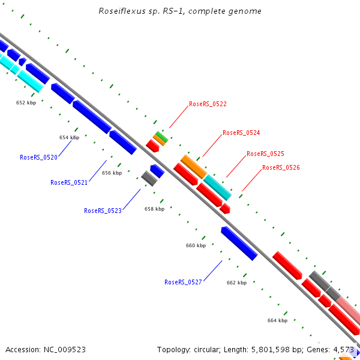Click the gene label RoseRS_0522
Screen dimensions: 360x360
208,104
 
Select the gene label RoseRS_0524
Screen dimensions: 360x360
241,133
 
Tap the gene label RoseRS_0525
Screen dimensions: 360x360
265,154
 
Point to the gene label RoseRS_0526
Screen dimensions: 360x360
281,167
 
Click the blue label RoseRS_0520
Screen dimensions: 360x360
38,157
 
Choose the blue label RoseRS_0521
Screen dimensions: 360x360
69,182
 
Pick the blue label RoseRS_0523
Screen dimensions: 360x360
103,211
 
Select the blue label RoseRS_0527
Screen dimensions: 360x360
183,282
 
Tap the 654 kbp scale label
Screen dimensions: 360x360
69,137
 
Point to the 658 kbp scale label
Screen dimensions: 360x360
154,209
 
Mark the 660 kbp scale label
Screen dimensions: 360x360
196,245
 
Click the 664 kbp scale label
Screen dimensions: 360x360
277,320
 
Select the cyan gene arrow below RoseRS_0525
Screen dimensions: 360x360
217,187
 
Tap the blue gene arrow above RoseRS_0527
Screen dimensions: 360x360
239,243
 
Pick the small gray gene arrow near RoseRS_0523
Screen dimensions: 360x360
148,178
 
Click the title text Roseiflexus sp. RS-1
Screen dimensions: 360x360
154,11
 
